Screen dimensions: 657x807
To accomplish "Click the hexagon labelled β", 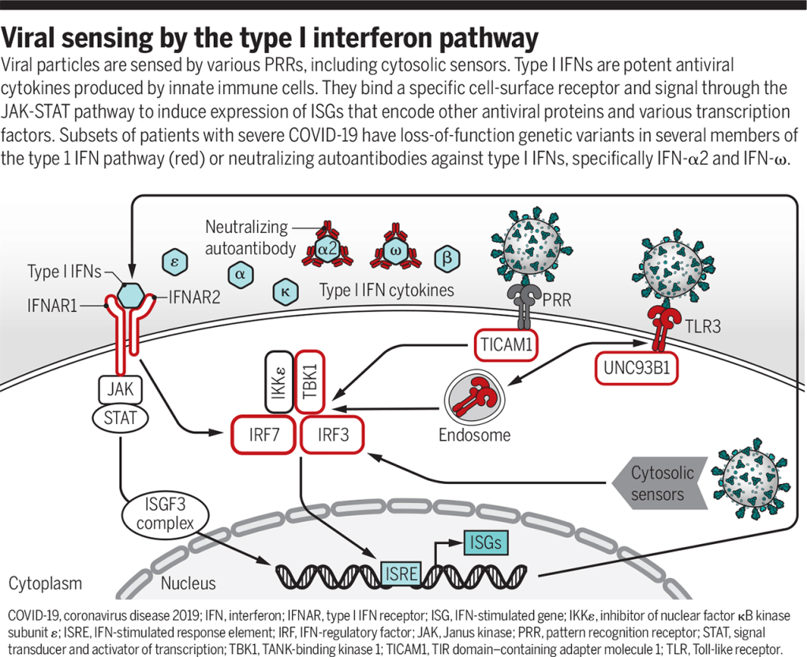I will [x=446, y=258].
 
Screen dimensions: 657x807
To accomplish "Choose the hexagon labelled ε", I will [x=174, y=261].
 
